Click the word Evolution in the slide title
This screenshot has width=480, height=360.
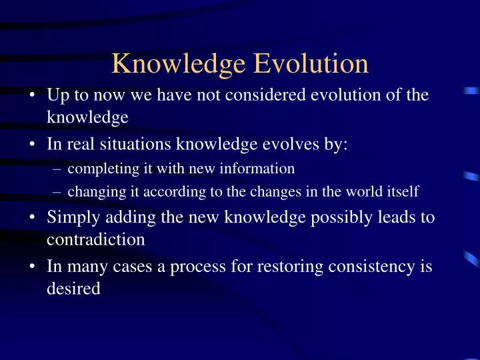(x=313, y=64)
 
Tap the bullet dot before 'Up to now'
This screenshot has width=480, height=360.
(x=32, y=95)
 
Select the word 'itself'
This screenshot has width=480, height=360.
(x=402, y=193)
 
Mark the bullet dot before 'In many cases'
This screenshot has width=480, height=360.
(x=32, y=266)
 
